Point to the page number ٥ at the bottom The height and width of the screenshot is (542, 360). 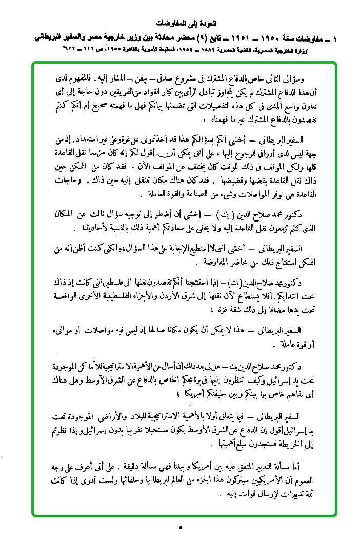[x=181, y=527]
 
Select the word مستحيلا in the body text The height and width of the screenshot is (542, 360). [x=166, y=427]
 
